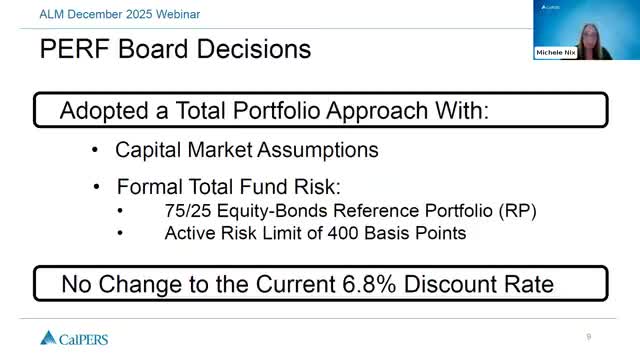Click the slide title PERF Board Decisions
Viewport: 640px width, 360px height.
coord(175,48)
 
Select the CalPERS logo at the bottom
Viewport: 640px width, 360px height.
coord(75,337)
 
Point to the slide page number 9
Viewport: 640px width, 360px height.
coord(589,336)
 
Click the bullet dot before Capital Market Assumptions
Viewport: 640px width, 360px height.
coord(94,150)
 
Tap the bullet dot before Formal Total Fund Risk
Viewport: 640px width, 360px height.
coord(94,187)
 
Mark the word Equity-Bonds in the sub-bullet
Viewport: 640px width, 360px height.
coord(264,211)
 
